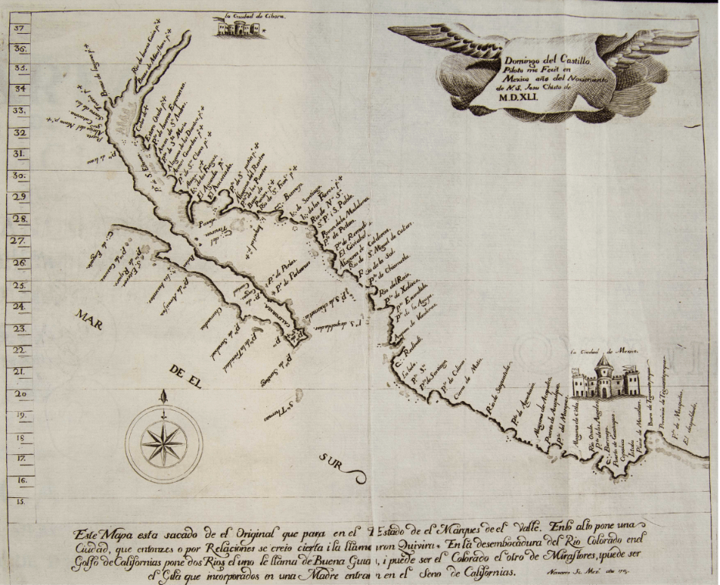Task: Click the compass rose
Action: [x=163, y=443]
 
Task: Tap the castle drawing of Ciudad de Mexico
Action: [x=605, y=377]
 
